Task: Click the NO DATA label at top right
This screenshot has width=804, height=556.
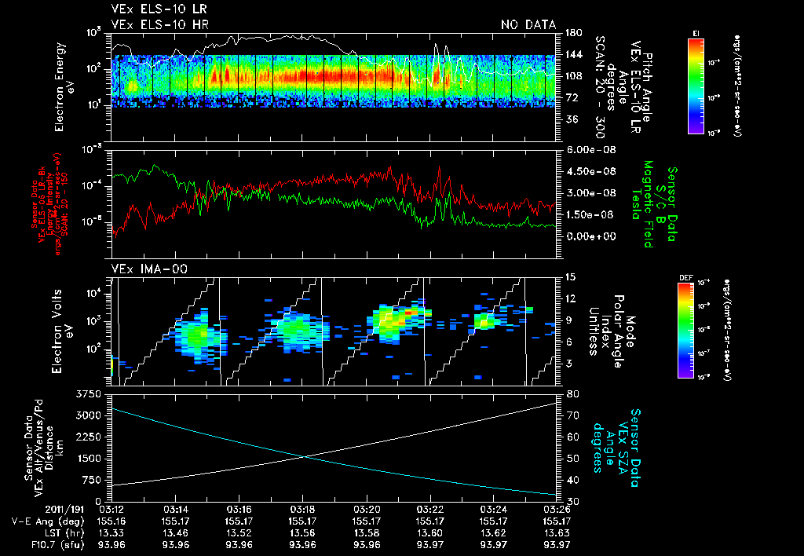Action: pos(528,24)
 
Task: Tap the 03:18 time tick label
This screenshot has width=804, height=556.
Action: pos(302,510)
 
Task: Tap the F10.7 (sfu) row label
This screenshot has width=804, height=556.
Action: pos(35,543)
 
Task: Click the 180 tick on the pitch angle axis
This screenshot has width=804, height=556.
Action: pos(572,33)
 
